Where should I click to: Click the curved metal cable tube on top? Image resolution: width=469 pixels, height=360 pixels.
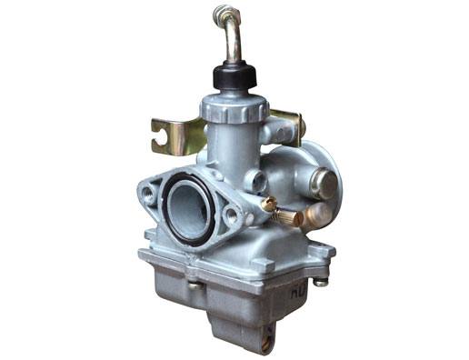(x=234, y=41)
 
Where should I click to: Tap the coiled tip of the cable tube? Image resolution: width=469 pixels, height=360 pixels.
(x=221, y=13)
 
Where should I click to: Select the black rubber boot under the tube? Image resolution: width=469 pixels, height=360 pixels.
(x=234, y=76)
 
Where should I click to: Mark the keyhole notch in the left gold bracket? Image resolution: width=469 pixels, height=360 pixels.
(x=162, y=139)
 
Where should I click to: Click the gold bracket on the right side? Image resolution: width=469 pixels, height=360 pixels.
(x=289, y=125)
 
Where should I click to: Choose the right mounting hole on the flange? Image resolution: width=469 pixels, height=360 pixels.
(x=231, y=216)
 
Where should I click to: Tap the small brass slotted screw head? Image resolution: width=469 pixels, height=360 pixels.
(x=269, y=205)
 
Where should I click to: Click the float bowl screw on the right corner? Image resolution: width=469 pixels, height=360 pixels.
(x=320, y=282)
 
